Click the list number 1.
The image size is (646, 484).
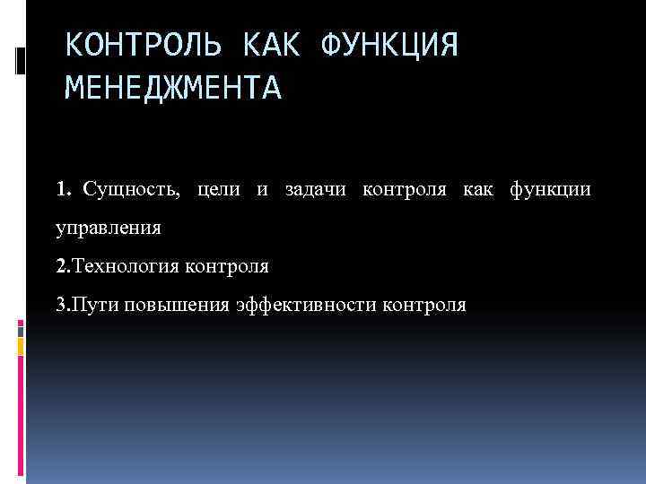tap(61, 190)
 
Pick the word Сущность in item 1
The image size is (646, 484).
tap(131, 190)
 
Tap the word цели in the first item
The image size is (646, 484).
tap(219, 190)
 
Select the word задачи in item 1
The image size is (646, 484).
tap(318, 190)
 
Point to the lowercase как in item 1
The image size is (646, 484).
tap(478, 190)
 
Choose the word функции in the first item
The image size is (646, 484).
tap(550, 190)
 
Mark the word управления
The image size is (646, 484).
tap(109, 229)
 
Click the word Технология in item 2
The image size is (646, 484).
tap(127, 266)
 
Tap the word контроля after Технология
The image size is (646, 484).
tap(227, 266)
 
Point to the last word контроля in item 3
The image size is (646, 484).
tap(424, 305)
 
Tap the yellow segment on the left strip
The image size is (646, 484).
tap(20, 344)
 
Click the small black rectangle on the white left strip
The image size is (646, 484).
tap(20, 60)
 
